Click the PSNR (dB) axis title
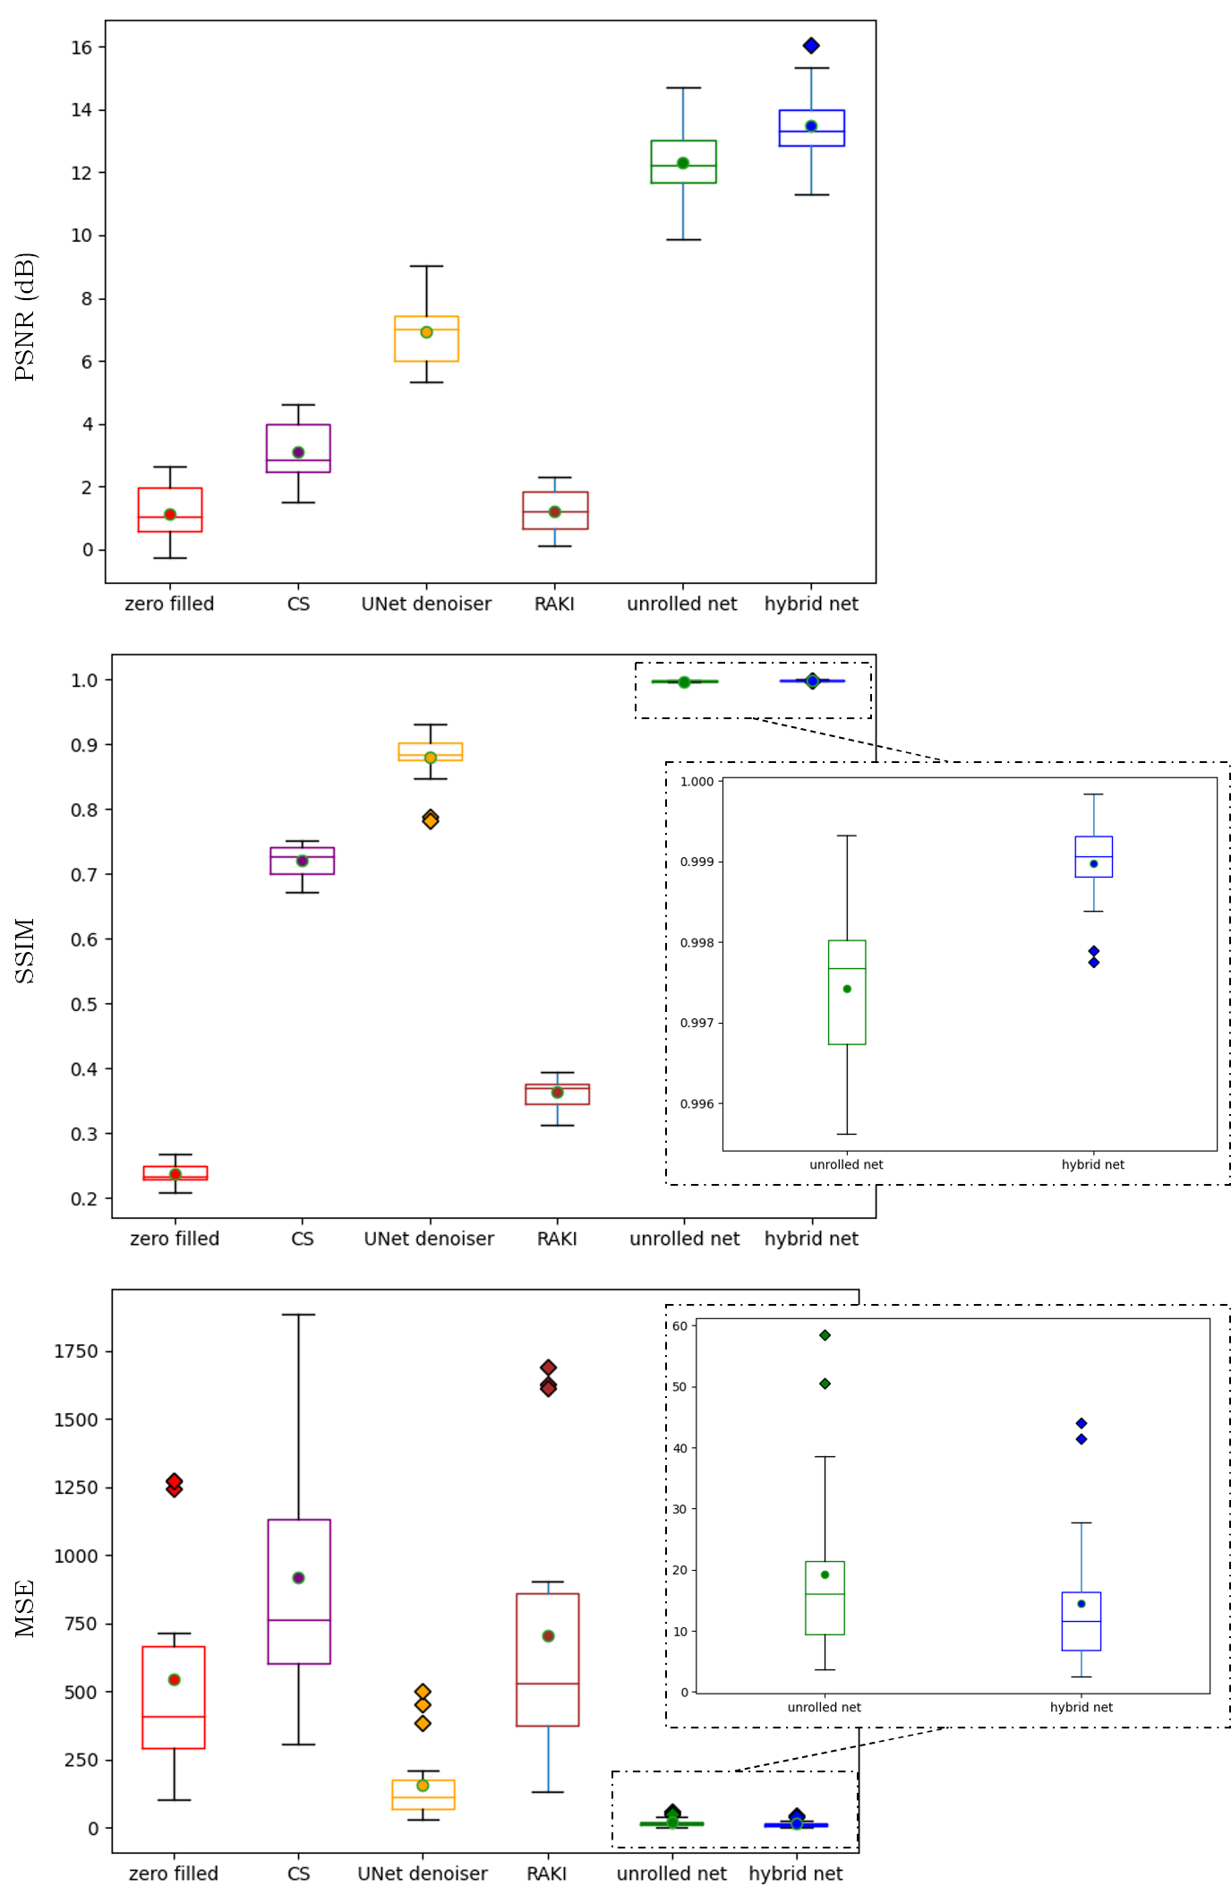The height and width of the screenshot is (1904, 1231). (x=24, y=317)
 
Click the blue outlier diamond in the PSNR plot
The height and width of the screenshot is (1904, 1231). (x=811, y=46)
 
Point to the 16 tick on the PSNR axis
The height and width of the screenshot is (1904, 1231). (x=81, y=47)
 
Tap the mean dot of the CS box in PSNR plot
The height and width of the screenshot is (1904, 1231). (x=298, y=452)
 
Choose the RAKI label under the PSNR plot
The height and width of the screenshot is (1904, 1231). (x=554, y=604)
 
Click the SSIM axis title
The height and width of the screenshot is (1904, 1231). (x=24, y=950)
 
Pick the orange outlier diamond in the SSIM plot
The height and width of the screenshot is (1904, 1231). (x=431, y=819)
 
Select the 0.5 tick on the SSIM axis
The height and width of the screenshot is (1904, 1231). (x=84, y=1004)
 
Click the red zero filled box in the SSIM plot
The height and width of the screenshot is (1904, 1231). (x=175, y=1172)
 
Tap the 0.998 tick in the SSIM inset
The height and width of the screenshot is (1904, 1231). (x=697, y=943)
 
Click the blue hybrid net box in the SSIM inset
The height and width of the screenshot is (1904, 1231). (x=1093, y=857)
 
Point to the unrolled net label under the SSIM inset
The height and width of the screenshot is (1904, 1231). (x=846, y=1164)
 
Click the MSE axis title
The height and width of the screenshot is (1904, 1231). (x=24, y=1608)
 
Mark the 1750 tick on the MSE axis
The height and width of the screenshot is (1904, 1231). (x=76, y=1351)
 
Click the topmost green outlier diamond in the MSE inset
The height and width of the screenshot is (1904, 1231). (x=825, y=1335)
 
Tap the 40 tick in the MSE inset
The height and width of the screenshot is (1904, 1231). (x=680, y=1448)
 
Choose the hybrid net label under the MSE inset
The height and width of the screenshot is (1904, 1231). (x=1081, y=1707)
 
